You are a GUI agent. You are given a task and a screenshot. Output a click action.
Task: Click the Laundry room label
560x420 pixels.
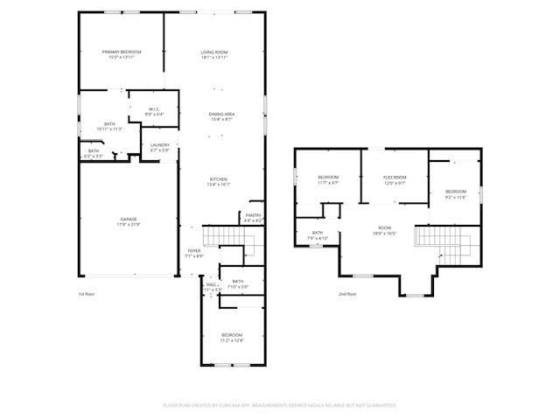(x=159, y=147)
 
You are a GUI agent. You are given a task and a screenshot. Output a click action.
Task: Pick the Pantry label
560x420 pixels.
(x=253, y=217)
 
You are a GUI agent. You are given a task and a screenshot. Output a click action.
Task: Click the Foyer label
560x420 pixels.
(x=194, y=253)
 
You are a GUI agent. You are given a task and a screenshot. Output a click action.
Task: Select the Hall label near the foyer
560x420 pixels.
(x=211, y=286)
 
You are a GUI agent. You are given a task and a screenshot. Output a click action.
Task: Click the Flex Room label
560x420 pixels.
(x=395, y=180)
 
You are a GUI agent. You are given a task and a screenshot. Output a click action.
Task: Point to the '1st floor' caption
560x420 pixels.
(x=87, y=294)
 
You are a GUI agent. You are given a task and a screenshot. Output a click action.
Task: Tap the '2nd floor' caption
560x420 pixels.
(x=347, y=294)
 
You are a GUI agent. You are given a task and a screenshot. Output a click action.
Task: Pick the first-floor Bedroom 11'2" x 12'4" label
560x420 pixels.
(x=232, y=338)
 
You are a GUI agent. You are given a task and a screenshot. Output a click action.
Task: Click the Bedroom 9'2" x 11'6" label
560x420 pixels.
(x=455, y=194)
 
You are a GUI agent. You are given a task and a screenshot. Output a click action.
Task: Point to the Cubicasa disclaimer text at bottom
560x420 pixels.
(x=280, y=405)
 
